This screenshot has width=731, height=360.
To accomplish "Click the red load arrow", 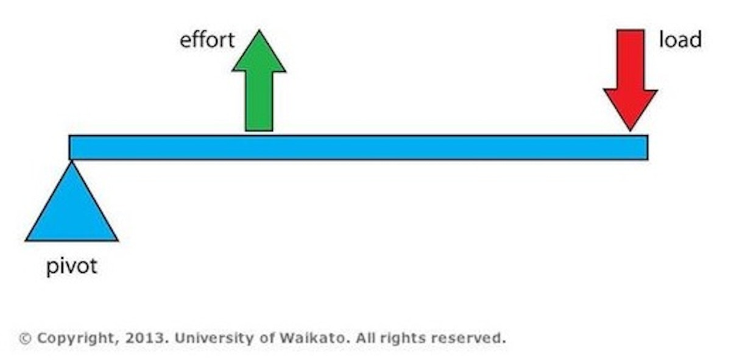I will [x=630, y=79].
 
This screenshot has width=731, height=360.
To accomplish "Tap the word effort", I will [x=207, y=41].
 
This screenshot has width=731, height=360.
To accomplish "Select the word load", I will [x=680, y=40].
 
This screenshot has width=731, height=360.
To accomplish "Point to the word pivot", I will [x=71, y=267].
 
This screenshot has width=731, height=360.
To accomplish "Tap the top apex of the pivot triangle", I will [x=72, y=161].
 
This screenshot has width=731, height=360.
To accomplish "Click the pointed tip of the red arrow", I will [x=630, y=129].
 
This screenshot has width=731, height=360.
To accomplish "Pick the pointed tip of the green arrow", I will [x=259, y=30].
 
